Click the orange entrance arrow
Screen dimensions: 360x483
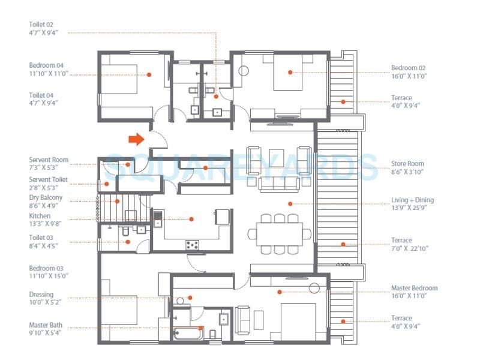pos(136,139)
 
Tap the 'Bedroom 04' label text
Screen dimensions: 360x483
pos(46,65)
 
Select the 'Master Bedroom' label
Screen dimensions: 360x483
pos(414,288)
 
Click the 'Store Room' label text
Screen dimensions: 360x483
pos(407,163)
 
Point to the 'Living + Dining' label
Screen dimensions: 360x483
pos(412,200)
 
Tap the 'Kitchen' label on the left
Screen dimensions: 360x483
pos(40,216)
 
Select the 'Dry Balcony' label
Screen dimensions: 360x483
pos(46,197)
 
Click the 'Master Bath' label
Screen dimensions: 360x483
pos(46,326)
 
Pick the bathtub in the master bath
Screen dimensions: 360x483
pos(187,334)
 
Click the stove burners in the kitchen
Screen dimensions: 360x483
pos(193,244)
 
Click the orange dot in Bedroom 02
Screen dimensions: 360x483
pos(290,72)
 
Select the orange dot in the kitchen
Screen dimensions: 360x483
pos(191,219)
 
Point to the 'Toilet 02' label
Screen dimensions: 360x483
pos(41,25)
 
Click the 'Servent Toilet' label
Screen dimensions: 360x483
pos(49,179)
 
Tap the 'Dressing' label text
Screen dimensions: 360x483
pos(41,295)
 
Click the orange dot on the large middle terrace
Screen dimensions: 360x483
pos(343,244)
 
